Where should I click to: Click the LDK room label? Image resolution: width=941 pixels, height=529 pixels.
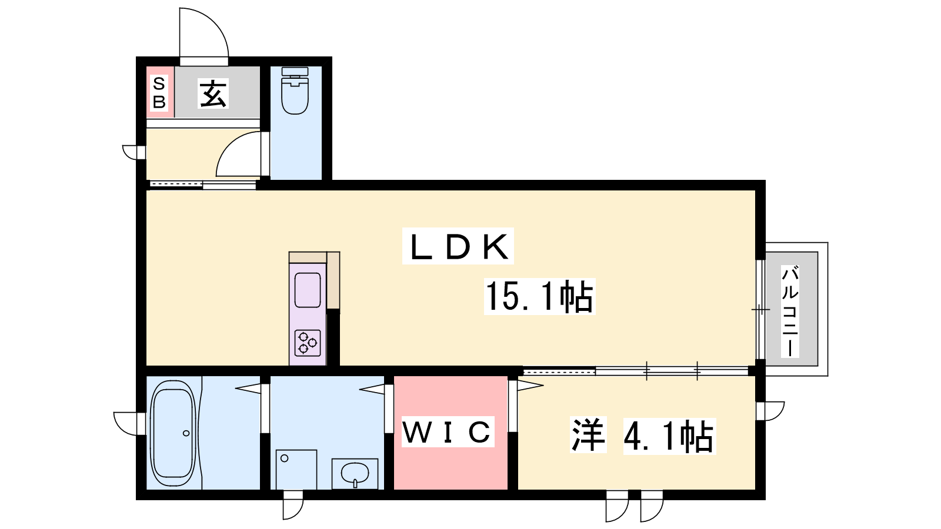pyautogui.click(x=458, y=246)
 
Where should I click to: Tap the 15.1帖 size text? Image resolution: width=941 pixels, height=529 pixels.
pyautogui.click(x=539, y=296)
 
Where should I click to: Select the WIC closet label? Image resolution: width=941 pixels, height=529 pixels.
pyautogui.click(x=447, y=433)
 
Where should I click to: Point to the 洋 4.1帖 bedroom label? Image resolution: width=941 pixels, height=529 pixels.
pyautogui.click(x=642, y=436)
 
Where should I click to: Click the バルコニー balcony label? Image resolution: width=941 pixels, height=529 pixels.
pyautogui.click(x=790, y=311)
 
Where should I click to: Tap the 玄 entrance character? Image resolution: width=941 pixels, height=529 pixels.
pyautogui.click(x=213, y=93)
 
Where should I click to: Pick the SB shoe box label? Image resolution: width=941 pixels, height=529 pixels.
pyautogui.click(x=159, y=93)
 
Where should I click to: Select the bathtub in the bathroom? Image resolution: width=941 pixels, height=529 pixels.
pyautogui.click(x=173, y=433)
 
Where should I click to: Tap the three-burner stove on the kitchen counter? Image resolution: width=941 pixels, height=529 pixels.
pyautogui.click(x=308, y=343)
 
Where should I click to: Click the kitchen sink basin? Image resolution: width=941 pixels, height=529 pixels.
pyautogui.click(x=308, y=290)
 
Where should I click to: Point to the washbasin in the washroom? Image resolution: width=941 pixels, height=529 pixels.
pyautogui.click(x=355, y=473)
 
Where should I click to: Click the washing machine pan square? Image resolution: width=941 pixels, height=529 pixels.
pyautogui.click(x=296, y=469)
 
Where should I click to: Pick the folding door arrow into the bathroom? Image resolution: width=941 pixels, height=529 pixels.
pyautogui.click(x=248, y=388)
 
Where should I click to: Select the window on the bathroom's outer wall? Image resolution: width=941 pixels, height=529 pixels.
pyautogui.click(x=127, y=423)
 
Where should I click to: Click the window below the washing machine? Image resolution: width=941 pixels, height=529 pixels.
pyautogui.click(x=292, y=507)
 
